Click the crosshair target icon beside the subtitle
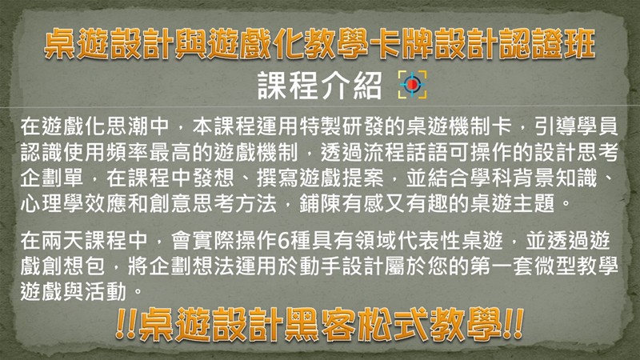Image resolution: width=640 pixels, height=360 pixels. [x=412, y=84]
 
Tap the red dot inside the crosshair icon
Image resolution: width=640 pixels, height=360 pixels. [x=412, y=84]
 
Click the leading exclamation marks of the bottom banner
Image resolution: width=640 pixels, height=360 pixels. [x=126, y=325]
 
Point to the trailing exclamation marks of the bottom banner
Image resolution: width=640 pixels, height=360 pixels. [x=513, y=325]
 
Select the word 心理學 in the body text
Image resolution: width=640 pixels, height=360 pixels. [x=52, y=203]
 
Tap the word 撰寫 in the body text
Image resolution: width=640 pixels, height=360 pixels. [x=278, y=178]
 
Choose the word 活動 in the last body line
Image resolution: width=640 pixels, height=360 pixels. [x=106, y=292]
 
